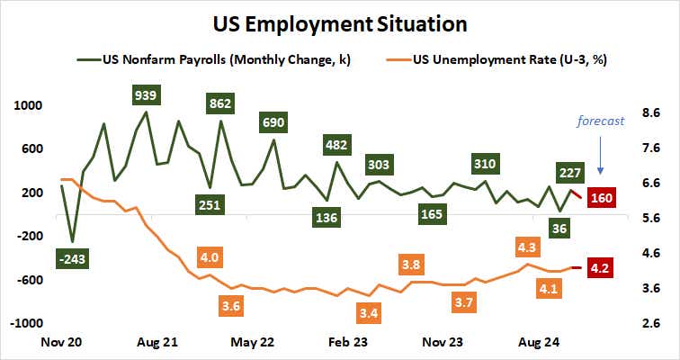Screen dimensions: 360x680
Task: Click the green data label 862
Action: (x=220, y=103)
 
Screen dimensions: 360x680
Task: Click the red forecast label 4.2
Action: (x=600, y=268)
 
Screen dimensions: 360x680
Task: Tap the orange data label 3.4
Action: (x=367, y=314)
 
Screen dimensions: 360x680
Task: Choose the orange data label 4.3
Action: (x=527, y=246)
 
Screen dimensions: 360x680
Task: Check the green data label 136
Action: (x=326, y=218)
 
